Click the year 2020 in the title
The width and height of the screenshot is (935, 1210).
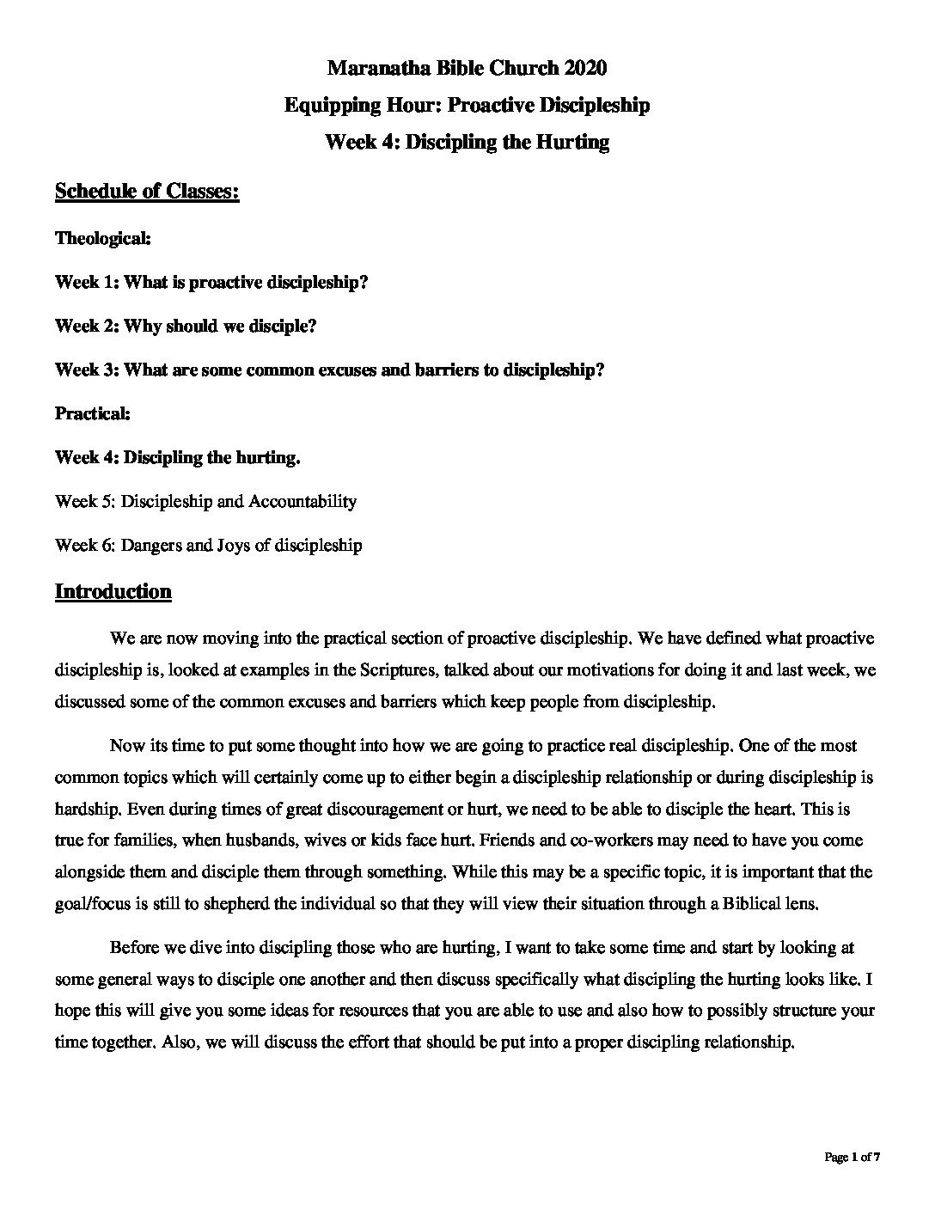pyautogui.click(x=586, y=67)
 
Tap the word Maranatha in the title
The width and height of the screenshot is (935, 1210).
pyautogui.click(x=370, y=67)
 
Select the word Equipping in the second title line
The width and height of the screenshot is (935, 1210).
pyautogui.click(x=326, y=105)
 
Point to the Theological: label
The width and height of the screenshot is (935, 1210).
pyautogui.click(x=103, y=238)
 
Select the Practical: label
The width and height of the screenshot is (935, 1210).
pyautogui.click(x=93, y=413)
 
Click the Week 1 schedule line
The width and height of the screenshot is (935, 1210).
pyautogui.click(x=211, y=282)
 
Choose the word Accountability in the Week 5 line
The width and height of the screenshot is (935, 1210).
pyautogui.click(x=302, y=501)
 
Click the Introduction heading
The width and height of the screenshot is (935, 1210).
pyautogui.click(x=113, y=591)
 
